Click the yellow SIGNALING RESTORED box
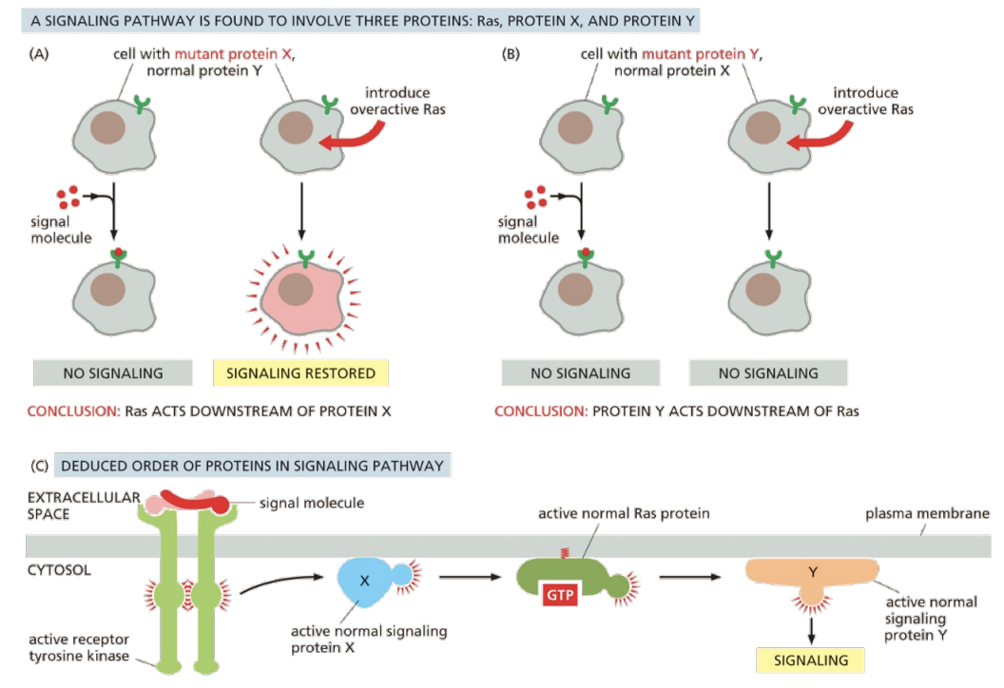pyautogui.click(x=300, y=373)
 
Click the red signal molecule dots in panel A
pyautogui.click(x=68, y=196)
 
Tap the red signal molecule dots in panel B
pyautogui.click(x=535, y=196)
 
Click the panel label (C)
pyautogui.click(x=39, y=466)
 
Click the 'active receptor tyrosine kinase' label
pyautogui.click(x=79, y=647)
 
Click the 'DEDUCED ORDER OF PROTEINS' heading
pyautogui.click(x=252, y=466)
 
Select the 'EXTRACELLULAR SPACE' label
pyautogui.click(x=72, y=505)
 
